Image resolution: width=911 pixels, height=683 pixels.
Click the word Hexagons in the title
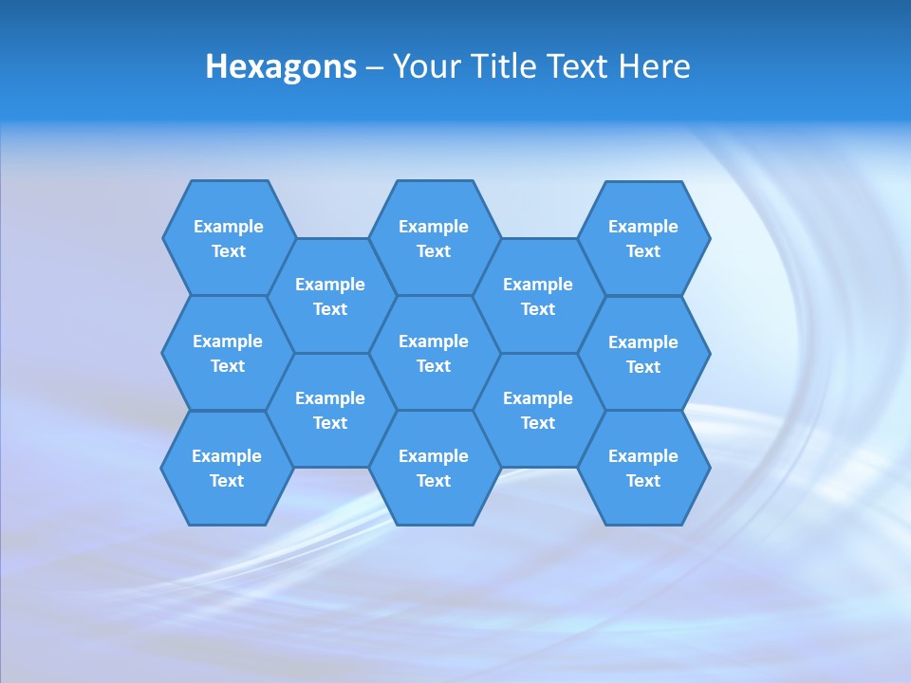pos(281,67)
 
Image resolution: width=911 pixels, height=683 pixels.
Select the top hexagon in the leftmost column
pos(229,238)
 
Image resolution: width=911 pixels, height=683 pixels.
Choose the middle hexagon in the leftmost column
pos(228,353)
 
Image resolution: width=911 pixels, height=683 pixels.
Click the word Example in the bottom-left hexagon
pos(227,456)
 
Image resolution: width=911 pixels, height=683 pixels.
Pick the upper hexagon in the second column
pos(329,296)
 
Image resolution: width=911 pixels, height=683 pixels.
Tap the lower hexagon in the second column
pos(329,410)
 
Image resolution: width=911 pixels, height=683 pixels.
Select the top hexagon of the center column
pos(434,238)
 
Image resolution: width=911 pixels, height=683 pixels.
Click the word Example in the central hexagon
pos(434,341)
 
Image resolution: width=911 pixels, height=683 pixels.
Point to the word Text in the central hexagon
pos(434,366)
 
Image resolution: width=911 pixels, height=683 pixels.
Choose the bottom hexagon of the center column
pos(434,468)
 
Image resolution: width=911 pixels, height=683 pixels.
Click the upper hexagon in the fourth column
pos(538,296)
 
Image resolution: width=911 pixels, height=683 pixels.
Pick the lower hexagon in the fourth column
pos(538,410)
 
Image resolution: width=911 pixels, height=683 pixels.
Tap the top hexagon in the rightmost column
pos(643,238)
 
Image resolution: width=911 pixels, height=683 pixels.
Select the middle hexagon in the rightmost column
pos(643,354)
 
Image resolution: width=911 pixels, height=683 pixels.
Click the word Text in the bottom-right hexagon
pos(643,481)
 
